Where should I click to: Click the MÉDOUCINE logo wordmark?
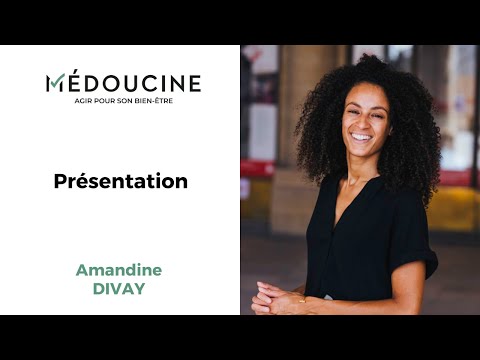point(123,83)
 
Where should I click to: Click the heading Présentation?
point(121,181)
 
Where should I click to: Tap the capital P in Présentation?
point(60,181)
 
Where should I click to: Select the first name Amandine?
point(119,271)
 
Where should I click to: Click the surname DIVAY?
point(120,289)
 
